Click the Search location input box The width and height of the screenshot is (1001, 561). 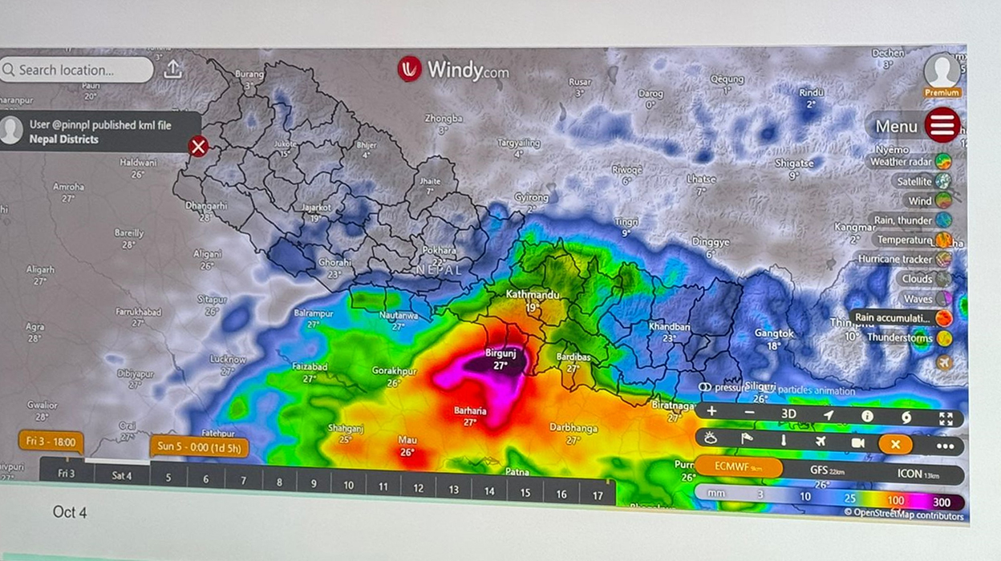click(76, 70)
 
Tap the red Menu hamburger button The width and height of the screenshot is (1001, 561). click(942, 125)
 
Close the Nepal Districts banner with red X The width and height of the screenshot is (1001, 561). click(198, 146)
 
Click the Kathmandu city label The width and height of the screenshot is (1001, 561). click(533, 295)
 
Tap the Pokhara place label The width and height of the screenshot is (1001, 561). click(439, 250)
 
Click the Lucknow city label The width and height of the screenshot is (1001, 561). click(228, 360)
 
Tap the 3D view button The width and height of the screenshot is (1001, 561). click(788, 414)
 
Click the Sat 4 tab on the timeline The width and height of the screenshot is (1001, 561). click(121, 475)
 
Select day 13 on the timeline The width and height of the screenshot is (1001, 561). click(454, 489)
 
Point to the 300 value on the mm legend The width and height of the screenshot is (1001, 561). click(942, 502)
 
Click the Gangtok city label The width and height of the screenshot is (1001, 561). click(774, 333)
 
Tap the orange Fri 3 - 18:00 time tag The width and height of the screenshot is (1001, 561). click(51, 441)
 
